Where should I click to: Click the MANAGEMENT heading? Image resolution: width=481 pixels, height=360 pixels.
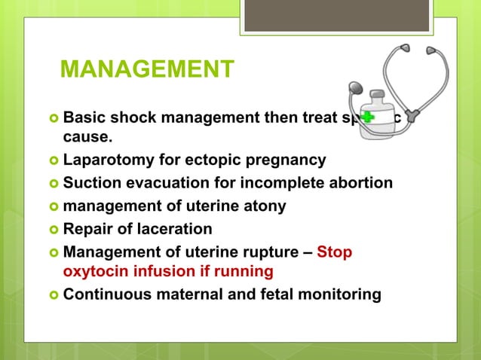(147, 69)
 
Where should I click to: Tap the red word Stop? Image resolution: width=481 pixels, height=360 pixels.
(334, 252)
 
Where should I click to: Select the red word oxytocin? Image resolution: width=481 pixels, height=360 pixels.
(94, 270)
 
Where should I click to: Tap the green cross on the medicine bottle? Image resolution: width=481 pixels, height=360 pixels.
(368, 117)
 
